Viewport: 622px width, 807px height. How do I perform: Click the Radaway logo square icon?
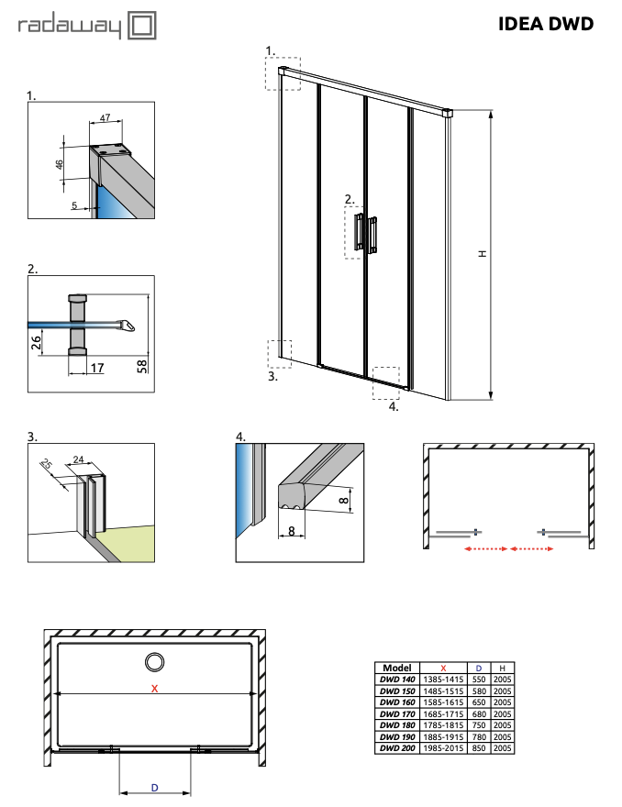click(x=140, y=27)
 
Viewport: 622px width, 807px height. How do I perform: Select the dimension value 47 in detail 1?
click(x=105, y=118)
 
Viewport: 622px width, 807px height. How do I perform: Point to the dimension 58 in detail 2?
click(x=142, y=343)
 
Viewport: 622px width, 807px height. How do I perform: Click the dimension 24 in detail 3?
click(x=78, y=459)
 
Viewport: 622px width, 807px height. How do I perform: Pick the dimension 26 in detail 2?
click(x=37, y=343)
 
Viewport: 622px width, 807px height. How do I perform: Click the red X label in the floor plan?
click(x=155, y=688)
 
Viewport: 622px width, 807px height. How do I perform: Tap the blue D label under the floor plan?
click(x=154, y=787)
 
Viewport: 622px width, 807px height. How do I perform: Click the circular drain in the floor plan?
click(x=155, y=661)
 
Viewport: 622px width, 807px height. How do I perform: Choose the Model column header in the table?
click(x=396, y=669)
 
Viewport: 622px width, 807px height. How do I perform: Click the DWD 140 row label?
click(x=396, y=680)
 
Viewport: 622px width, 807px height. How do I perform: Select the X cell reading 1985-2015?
click(x=443, y=748)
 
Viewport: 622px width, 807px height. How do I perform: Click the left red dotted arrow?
click(x=485, y=548)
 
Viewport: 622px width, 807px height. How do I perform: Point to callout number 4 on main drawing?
click(x=394, y=406)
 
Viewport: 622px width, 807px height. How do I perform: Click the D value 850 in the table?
click(x=478, y=748)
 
